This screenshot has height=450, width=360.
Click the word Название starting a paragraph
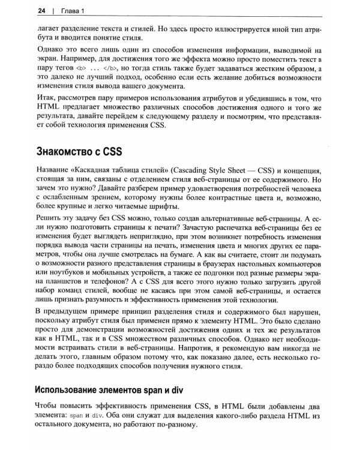point(55,168)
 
